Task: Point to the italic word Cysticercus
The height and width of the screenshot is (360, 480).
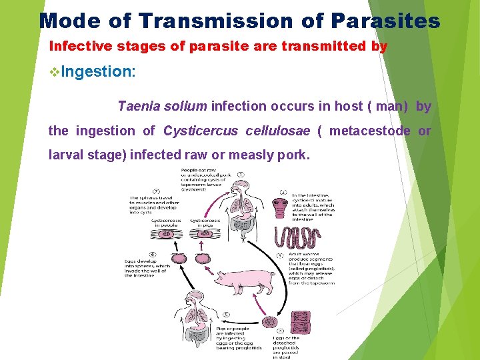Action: [201, 131]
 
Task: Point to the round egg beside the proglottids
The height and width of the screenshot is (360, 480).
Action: [269, 323]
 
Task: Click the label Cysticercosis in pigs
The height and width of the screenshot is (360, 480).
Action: [205, 222]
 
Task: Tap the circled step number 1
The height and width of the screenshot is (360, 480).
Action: [240, 175]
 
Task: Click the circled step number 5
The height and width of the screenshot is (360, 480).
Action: [227, 315]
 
